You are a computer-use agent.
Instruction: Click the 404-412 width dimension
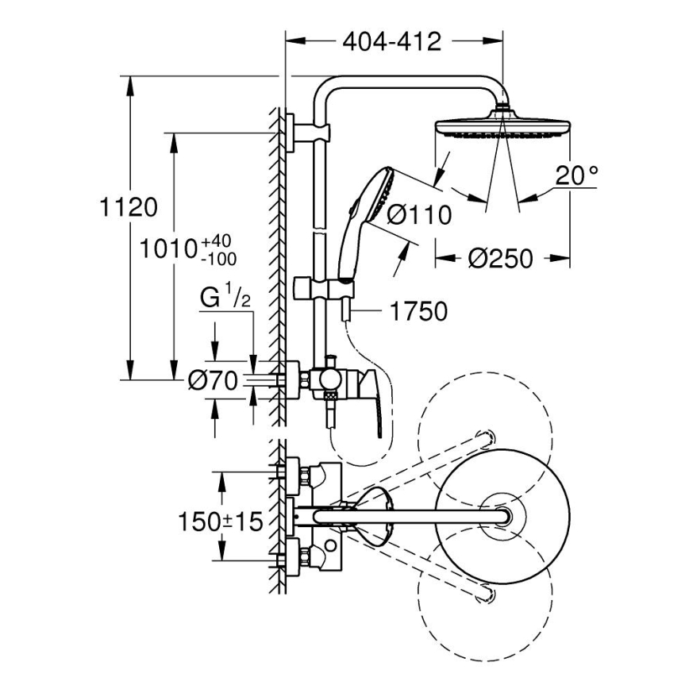point(391,42)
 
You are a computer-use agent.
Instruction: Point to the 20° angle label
point(575,176)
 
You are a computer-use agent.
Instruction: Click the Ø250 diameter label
point(500,258)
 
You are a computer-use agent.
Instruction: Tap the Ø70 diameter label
point(214,382)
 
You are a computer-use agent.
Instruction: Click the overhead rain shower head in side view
point(502,129)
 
